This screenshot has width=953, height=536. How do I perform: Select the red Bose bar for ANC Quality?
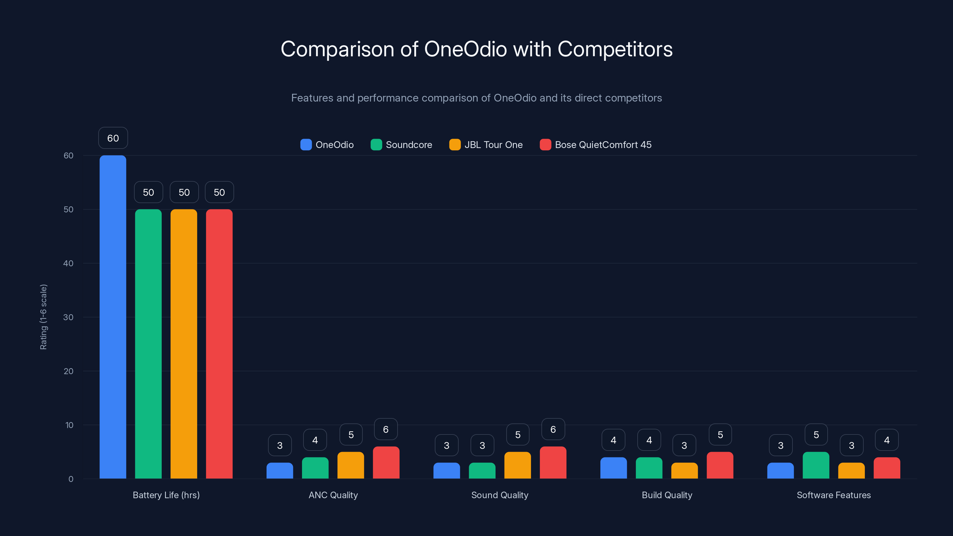(386, 463)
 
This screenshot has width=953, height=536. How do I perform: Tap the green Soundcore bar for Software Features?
(816, 465)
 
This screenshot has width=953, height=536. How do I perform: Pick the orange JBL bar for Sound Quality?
(518, 465)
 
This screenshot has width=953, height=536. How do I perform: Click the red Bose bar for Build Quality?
(720, 465)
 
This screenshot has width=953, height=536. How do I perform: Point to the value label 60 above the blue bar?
(113, 138)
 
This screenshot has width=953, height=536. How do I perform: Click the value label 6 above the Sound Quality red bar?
(553, 429)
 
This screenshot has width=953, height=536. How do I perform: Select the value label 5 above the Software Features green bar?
(816, 435)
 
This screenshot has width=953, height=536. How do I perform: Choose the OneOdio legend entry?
(327, 145)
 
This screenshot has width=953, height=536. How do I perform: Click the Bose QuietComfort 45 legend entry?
(596, 145)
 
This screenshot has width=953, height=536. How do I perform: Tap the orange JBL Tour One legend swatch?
(455, 145)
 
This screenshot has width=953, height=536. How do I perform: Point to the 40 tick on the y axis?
(68, 263)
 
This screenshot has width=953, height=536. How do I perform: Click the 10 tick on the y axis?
(69, 425)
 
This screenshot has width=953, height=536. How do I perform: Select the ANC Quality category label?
(333, 495)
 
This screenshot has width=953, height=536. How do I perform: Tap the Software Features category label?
(834, 495)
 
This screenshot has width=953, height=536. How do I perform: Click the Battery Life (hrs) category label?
(166, 495)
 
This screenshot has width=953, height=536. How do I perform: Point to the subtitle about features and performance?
(476, 98)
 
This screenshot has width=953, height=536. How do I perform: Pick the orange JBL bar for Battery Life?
(184, 344)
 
